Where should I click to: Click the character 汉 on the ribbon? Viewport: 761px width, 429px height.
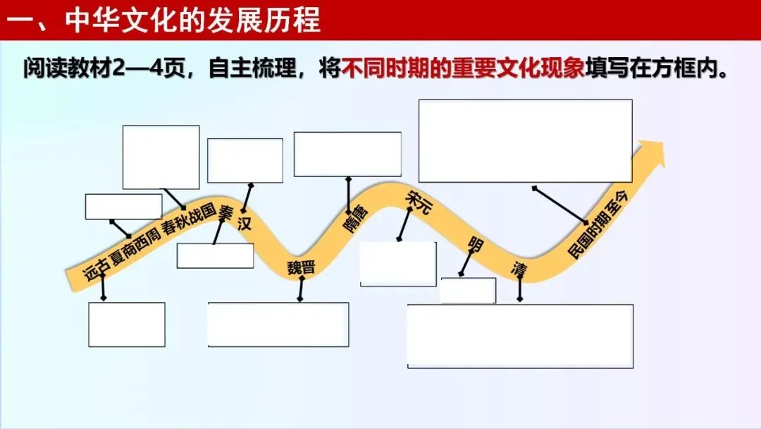245,225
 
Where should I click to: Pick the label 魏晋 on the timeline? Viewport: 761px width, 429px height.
301,267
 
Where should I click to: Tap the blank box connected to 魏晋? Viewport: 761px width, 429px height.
278,325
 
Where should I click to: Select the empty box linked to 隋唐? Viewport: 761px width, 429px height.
347,155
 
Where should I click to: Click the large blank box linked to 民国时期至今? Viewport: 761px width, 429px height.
525,141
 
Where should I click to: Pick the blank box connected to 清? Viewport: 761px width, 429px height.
520,336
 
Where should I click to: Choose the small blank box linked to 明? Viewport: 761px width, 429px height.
468,291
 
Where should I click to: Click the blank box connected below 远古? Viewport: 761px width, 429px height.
127,325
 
